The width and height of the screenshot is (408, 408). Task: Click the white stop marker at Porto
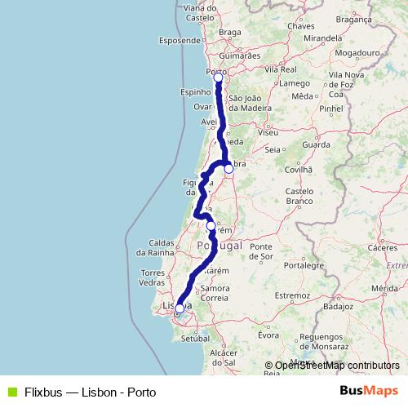(x=218, y=78)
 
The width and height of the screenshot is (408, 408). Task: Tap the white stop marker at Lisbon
(x=180, y=308)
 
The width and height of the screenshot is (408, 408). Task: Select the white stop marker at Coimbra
(x=229, y=169)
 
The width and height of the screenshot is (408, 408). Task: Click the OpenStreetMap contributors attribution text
(x=332, y=366)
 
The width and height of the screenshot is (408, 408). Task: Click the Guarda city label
(x=316, y=144)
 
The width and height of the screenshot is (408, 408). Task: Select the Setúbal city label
(x=196, y=337)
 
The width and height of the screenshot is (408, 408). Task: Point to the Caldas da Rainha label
(x=169, y=248)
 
